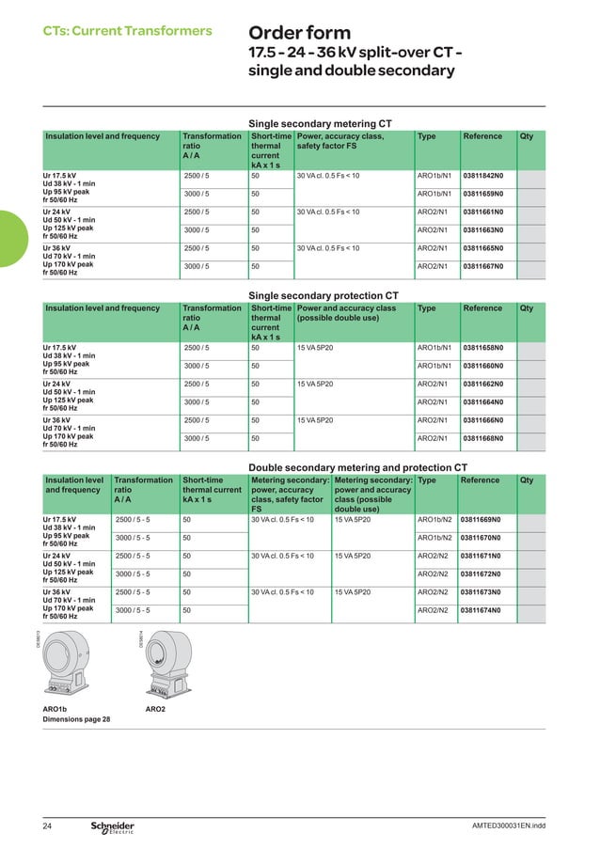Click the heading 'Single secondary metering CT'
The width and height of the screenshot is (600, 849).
[x=320, y=123]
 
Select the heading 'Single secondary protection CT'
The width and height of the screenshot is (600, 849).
[x=323, y=295]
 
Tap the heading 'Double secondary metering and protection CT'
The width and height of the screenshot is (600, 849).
[x=357, y=467]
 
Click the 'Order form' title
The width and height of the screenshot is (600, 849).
[x=298, y=34]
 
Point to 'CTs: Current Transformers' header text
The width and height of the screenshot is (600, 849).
[x=128, y=31]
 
